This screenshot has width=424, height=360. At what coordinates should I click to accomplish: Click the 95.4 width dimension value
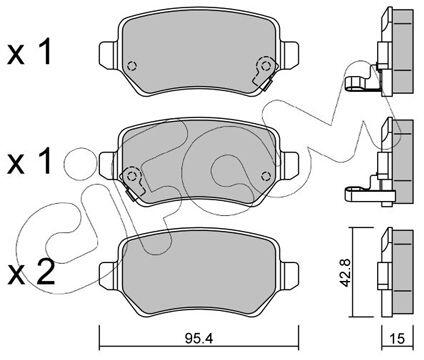[x=198, y=339]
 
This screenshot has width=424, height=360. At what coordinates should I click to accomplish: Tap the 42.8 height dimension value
[x=345, y=271]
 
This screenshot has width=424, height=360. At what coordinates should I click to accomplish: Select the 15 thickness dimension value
[x=397, y=339]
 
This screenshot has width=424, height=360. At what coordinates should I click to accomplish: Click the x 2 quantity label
[x=31, y=273]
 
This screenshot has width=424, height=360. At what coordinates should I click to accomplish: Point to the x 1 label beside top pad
[x=29, y=51]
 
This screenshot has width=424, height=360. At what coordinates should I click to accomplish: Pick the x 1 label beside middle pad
[x=29, y=161]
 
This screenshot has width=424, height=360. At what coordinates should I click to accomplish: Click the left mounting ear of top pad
[x=109, y=55]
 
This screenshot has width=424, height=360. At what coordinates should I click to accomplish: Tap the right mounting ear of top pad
[x=290, y=55]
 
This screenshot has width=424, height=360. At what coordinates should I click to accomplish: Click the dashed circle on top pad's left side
[x=132, y=66]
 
